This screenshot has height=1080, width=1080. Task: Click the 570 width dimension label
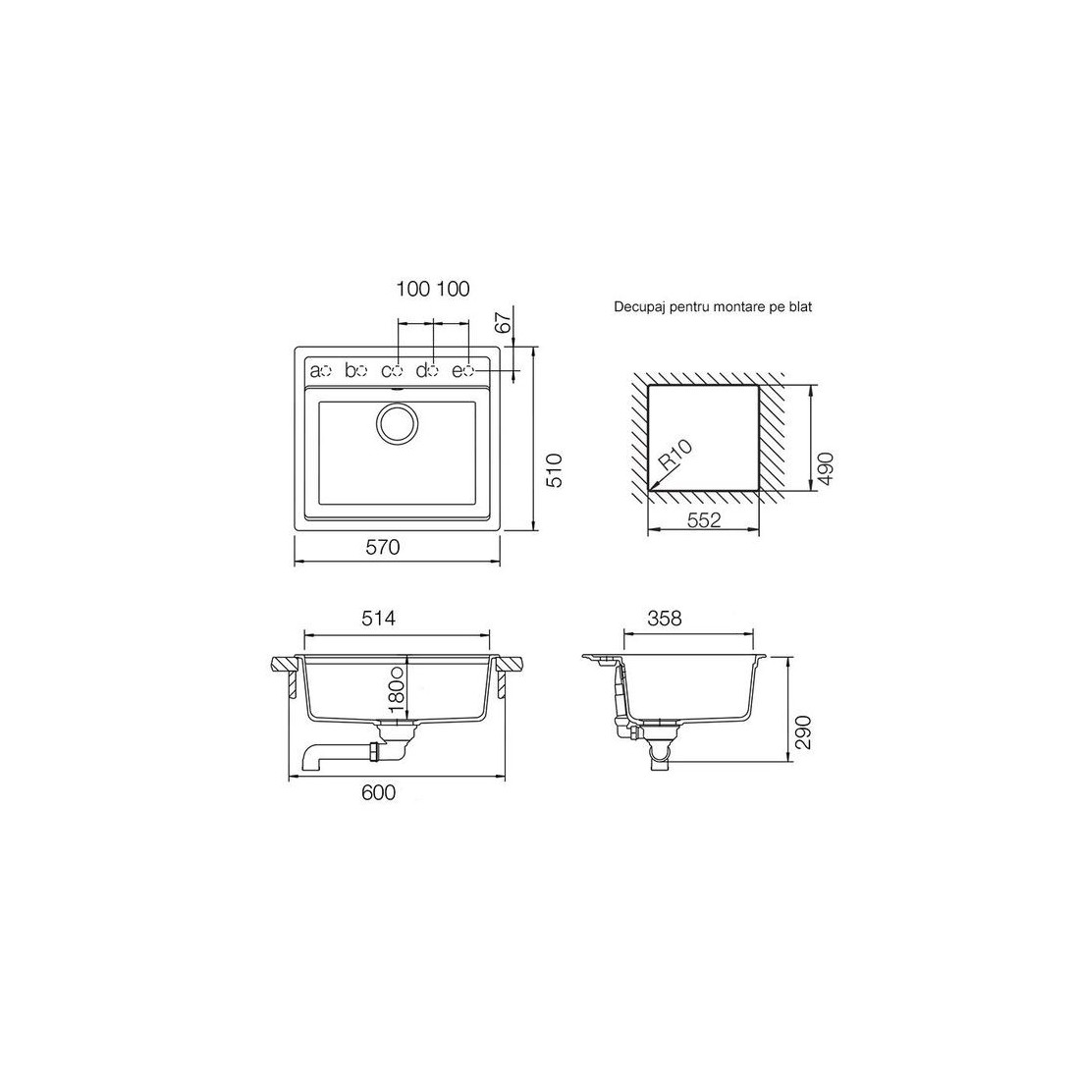(382, 547)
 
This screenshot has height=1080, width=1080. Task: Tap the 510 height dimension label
(555, 469)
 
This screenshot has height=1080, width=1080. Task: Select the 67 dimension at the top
(505, 322)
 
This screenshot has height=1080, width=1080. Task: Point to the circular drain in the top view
(396, 423)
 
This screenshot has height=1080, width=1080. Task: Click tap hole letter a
(315, 371)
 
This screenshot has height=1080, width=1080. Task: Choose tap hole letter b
(351, 370)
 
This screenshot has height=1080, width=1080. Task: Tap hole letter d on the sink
(421, 370)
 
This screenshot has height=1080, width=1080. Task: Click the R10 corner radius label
(676, 455)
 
